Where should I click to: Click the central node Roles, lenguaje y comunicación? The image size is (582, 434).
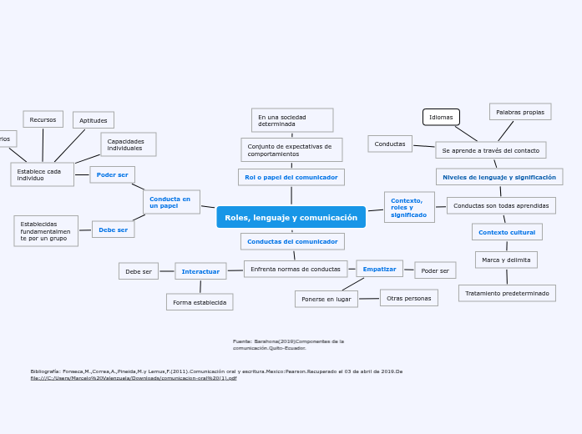(291, 217)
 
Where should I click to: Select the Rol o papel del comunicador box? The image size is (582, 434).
(291, 177)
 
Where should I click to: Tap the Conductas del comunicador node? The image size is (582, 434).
(292, 241)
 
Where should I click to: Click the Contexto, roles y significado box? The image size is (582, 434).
(409, 207)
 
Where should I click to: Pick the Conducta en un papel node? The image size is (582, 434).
(171, 202)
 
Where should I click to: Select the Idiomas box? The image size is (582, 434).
(441, 117)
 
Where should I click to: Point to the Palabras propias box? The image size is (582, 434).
(519, 112)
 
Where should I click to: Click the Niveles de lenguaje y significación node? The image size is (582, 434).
(498, 177)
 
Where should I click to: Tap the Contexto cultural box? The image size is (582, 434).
(507, 232)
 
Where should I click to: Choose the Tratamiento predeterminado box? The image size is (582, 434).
(507, 293)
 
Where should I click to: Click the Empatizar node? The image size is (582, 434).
(379, 269)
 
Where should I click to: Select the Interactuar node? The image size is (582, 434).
(200, 271)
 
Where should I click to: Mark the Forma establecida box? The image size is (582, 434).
(200, 302)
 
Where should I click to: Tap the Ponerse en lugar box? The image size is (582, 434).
(326, 299)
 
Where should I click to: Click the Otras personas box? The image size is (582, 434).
(408, 298)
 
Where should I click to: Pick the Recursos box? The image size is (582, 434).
(43, 119)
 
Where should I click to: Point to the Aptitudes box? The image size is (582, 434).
(94, 120)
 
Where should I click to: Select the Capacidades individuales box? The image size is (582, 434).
(128, 144)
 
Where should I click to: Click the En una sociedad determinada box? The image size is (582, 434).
(291, 120)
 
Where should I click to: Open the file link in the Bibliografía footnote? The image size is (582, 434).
(134, 378)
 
